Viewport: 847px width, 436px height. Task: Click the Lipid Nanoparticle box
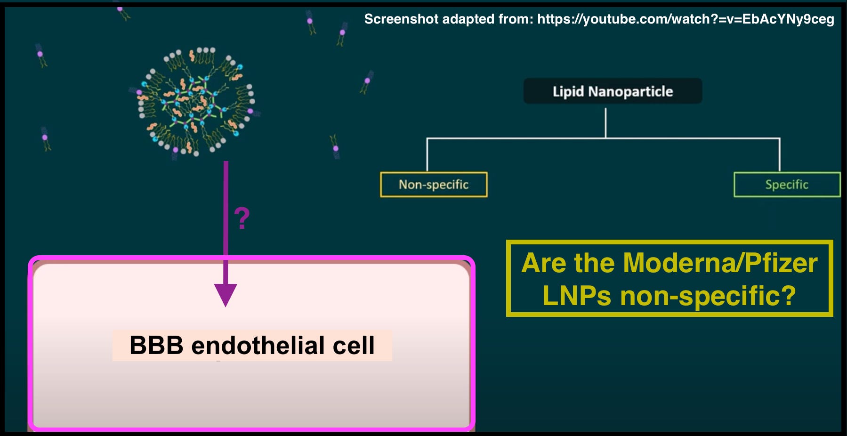[613, 91]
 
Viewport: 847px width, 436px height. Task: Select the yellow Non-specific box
[434, 185]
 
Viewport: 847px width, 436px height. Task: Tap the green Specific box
[787, 185]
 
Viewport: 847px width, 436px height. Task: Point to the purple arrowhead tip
[226, 305]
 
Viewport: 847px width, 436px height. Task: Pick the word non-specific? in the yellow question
[708, 296]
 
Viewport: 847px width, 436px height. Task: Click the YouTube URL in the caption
[686, 19]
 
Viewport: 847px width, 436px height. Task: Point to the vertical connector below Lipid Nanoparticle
[605, 122]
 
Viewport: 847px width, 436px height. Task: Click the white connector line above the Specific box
[780, 155]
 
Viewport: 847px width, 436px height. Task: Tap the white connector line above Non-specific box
[427, 155]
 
